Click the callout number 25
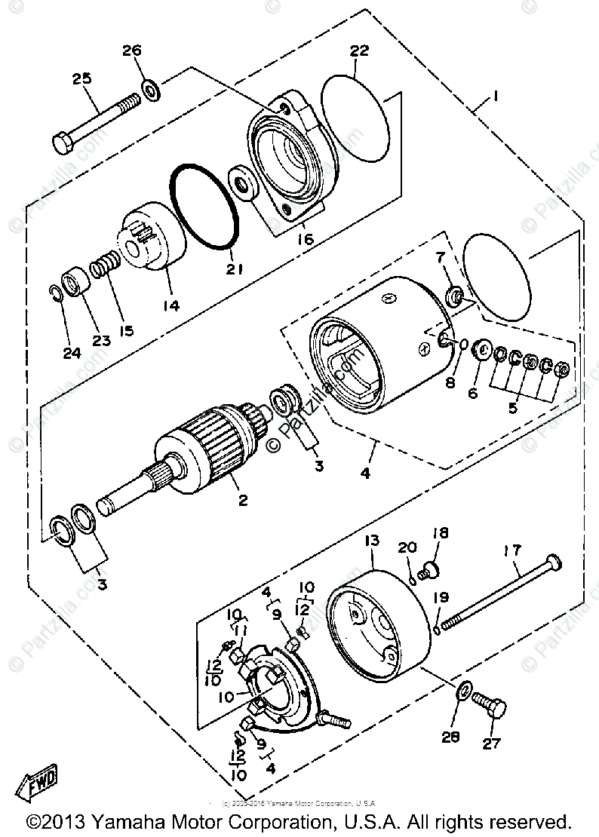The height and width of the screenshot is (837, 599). point(81,78)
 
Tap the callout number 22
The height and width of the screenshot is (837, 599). point(358,51)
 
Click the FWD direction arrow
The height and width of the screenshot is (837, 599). point(38,787)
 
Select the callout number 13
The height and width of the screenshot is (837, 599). point(372,541)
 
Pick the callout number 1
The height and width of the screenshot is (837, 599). point(496,97)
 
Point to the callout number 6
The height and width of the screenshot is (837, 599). point(473,393)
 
